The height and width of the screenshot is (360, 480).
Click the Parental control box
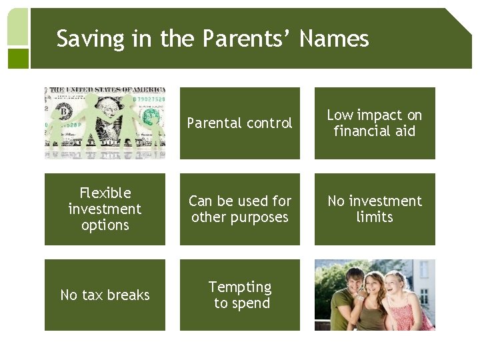[x=239, y=123]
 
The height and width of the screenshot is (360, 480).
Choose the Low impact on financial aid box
[x=375, y=123]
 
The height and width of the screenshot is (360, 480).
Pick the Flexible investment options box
[x=105, y=209]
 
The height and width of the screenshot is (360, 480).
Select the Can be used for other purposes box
[x=239, y=209]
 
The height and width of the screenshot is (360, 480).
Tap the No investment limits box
[x=375, y=209]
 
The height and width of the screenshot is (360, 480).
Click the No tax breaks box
[x=105, y=295]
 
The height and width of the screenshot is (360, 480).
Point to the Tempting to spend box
[x=239, y=295]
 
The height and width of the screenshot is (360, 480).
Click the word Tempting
[x=240, y=287]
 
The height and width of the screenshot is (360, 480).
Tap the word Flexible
[x=105, y=193]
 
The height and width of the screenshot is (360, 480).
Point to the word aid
[x=405, y=131]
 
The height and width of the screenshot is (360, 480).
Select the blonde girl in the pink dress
[x=407, y=303]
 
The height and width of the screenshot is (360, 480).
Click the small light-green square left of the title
[x=18, y=27]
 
